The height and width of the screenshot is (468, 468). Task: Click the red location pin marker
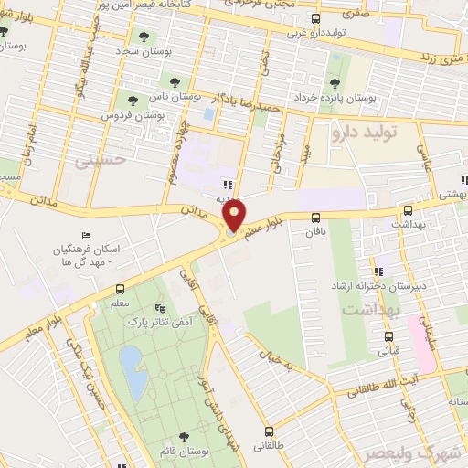[x=235, y=214]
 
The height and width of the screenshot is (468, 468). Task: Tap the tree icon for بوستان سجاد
[x=143, y=37]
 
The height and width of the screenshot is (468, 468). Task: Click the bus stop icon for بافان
[x=315, y=218]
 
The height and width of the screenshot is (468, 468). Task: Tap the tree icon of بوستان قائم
[x=185, y=437]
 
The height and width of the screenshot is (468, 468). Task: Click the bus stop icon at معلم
[x=121, y=289]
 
